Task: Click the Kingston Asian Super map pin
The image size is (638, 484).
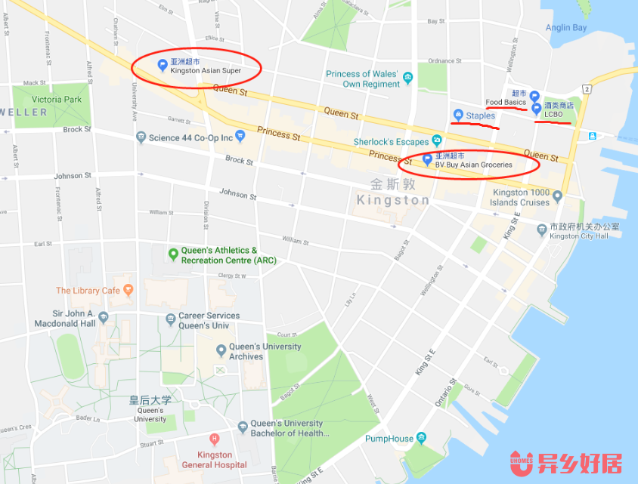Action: tap(161, 65)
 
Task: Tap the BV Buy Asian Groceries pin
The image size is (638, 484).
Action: tap(427, 159)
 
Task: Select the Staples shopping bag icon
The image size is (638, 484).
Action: tap(457, 115)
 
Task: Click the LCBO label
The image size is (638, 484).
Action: tap(553, 115)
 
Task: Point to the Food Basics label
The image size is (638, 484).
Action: tap(505, 102)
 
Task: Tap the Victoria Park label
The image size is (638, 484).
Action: tap(56, 99)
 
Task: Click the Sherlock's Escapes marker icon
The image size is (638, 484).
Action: tap(436, 141)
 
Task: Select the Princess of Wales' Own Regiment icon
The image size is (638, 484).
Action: tap(408, 78)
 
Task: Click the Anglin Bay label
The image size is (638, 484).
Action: tap(566, 28)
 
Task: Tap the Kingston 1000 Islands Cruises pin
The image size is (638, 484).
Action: tap(558, 196)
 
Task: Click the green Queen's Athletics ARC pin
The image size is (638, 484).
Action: tap(173, 254)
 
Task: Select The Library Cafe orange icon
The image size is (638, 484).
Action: tap(128, 289)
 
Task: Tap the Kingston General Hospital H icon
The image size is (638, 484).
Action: tap(215, 439)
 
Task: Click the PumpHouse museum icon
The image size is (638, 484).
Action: tap(422, 438)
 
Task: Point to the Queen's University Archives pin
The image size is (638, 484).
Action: tap(221, 350)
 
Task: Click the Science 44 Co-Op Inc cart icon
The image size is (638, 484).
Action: tap(240, 137)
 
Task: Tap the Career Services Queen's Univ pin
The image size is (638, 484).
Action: tap(169, 320)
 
